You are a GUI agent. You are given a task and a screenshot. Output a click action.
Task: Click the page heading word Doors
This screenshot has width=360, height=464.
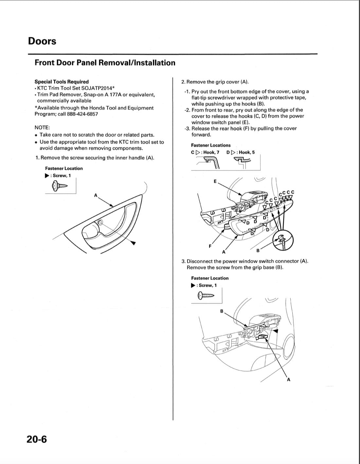[x=42, y=41]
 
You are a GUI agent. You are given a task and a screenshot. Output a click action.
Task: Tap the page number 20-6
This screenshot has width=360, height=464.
[x=37, y=439]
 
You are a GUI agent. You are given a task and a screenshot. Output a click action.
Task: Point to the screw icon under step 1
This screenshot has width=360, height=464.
[x=59, y=186]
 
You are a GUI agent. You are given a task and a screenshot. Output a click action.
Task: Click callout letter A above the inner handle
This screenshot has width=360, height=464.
[x=96, y=195]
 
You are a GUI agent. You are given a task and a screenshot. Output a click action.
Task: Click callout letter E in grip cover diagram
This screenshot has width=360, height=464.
[x=215, y=181]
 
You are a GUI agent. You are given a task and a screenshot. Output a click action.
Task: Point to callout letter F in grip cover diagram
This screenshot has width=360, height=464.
[x=210, y=246]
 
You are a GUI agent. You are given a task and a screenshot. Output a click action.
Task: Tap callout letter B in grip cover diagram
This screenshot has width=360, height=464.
[x=258, y=251]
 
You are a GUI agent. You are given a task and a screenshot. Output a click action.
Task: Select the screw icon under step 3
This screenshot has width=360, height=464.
[x=205, y=296]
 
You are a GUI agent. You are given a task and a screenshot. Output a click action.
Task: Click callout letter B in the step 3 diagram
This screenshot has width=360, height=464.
[x=222, y=311]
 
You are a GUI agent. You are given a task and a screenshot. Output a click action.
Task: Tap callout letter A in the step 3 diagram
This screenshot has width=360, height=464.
[x=288, y=380]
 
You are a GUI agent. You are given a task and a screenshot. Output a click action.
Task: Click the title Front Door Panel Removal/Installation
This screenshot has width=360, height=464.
[x=105, y=62]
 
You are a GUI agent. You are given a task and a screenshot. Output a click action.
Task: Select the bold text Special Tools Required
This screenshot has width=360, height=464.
[x=62, y=82]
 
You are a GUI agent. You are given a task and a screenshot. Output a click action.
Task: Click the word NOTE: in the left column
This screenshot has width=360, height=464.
[x=42, y=128]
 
